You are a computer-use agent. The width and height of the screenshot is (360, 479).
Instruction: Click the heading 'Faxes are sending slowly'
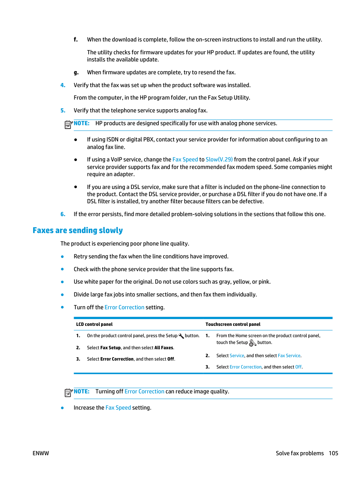point(78,230)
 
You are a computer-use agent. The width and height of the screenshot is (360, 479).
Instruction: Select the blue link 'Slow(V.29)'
point(219,160)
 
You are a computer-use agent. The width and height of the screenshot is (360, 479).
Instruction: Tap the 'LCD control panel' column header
point(94,324)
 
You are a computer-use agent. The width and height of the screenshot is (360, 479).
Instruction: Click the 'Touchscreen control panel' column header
point(233,324)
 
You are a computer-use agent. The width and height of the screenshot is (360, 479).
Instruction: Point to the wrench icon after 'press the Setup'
point(181,336)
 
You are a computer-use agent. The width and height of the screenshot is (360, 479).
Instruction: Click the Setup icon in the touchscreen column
point(252,343)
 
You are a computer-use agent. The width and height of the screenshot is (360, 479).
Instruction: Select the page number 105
point(333,453)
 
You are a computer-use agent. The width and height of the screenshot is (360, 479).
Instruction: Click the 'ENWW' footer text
point(41,453)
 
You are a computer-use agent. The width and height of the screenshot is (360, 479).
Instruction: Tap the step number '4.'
point(63,85)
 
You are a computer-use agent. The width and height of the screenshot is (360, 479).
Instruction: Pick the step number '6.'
point(63,214)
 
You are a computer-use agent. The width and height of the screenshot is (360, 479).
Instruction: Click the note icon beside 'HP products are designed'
point(68,124)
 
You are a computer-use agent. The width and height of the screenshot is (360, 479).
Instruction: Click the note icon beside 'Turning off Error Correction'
point(68,392)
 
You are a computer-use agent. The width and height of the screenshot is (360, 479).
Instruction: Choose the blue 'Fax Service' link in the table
point(289,356)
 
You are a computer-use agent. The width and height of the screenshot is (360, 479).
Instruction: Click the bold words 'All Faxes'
point(164,348)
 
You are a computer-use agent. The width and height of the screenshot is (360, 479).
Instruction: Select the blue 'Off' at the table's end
point(298,367)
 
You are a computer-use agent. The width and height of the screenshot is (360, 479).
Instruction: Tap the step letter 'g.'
point(76,72)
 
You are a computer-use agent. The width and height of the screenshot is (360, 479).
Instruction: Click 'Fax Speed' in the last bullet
point(118,408)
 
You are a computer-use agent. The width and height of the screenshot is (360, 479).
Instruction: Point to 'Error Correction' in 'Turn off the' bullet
point(125,307)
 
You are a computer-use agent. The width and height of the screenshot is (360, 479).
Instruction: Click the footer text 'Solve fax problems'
point(300,453)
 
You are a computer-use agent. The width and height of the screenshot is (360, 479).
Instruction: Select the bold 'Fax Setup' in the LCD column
point(111,348)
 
